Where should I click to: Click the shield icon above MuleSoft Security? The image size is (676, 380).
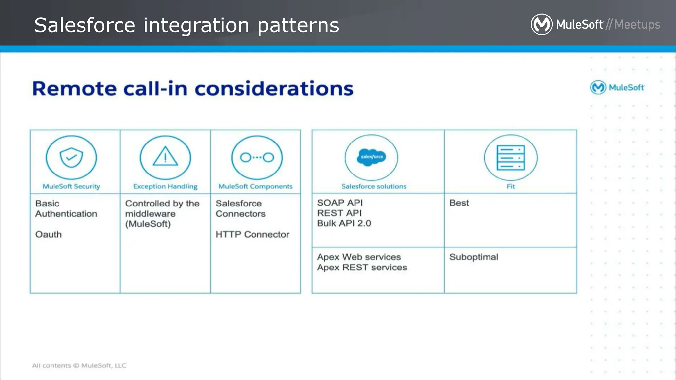tap(71, 157)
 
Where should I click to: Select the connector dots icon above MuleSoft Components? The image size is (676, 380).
tap(257, 157)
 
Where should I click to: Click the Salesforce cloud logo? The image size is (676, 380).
tap(372, 157)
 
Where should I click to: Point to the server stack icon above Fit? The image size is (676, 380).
tap(511, 158)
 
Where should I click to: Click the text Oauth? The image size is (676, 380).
tap(49, 234)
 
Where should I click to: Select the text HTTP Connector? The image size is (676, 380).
tap(252, 234)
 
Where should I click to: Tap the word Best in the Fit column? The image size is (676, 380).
tap(459, 203)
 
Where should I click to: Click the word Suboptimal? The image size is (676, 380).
tap(474, 257)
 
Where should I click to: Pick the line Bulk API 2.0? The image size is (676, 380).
tap(344, 223)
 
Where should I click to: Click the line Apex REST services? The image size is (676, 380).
tap(362, 267)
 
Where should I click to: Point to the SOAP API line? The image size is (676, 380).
tap(340, 203)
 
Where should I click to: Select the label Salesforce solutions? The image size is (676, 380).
tap(374, 186)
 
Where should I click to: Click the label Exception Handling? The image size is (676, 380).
tap(165, 186)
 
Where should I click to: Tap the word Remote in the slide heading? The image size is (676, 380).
tap(74, 89)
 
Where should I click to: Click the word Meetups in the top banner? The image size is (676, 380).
tap(637, 25)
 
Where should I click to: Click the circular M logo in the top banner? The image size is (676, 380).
tap(541, 24)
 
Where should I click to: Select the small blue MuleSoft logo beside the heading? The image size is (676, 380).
tap(617, 87)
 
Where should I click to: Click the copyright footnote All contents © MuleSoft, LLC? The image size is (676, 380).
tap(79, 365)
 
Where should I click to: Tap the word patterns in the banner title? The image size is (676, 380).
tap(298, 25)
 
